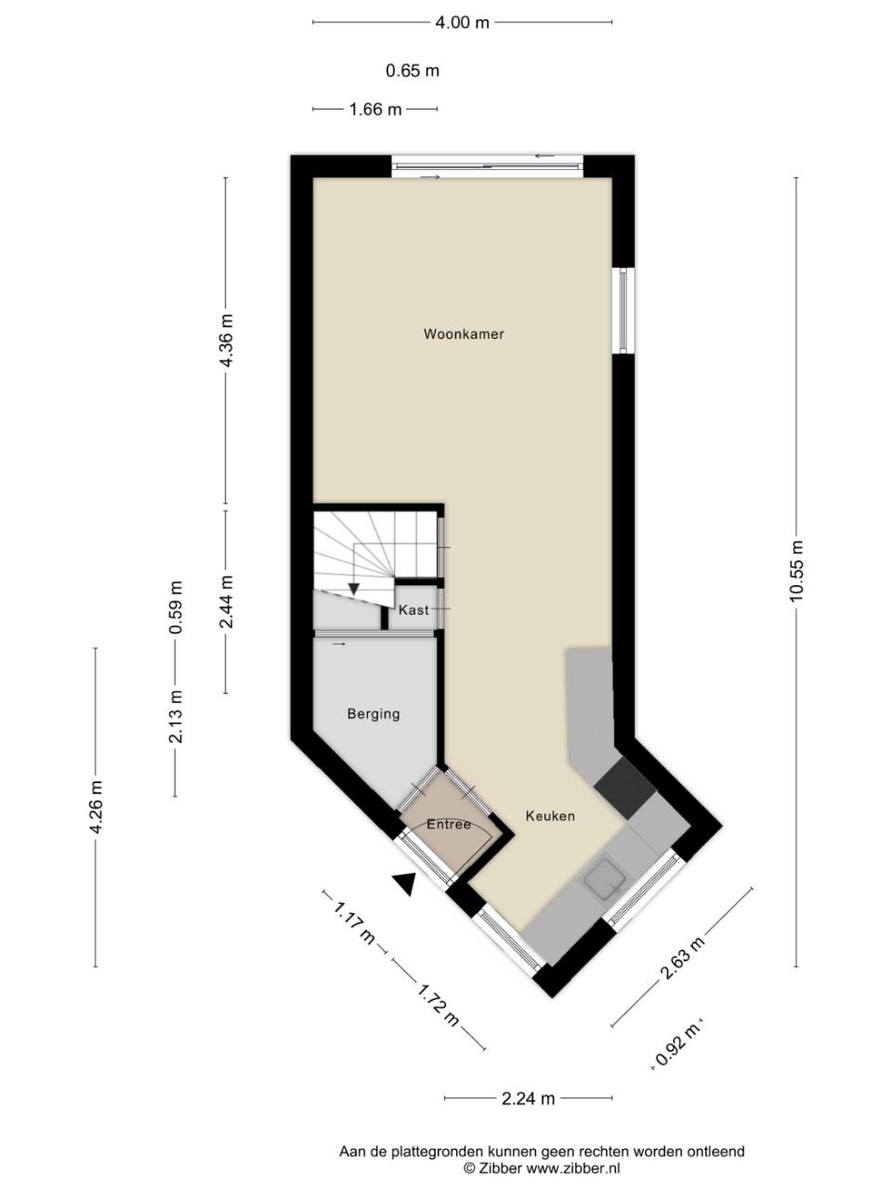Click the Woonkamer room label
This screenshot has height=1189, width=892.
click(464, 333)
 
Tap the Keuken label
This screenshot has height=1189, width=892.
click(550, 816)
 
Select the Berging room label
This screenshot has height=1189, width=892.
click(374, 713)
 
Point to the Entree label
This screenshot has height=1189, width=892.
click(449, 824)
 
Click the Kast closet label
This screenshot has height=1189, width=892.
click(413, 610)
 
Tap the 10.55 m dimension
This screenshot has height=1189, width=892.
click(796, 571)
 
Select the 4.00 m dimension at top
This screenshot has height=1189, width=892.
click(462, 22)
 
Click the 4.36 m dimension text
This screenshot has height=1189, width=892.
click(226, 341)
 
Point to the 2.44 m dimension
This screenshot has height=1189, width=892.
click(226, 601)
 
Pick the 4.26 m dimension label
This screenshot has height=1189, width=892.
click(96, 806)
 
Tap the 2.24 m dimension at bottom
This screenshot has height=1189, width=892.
click(528, 1099)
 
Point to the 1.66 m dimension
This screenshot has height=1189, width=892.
click(375, 110)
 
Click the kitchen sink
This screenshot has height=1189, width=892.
click(605, 878)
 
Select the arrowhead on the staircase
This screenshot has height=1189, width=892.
click(354, 588)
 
